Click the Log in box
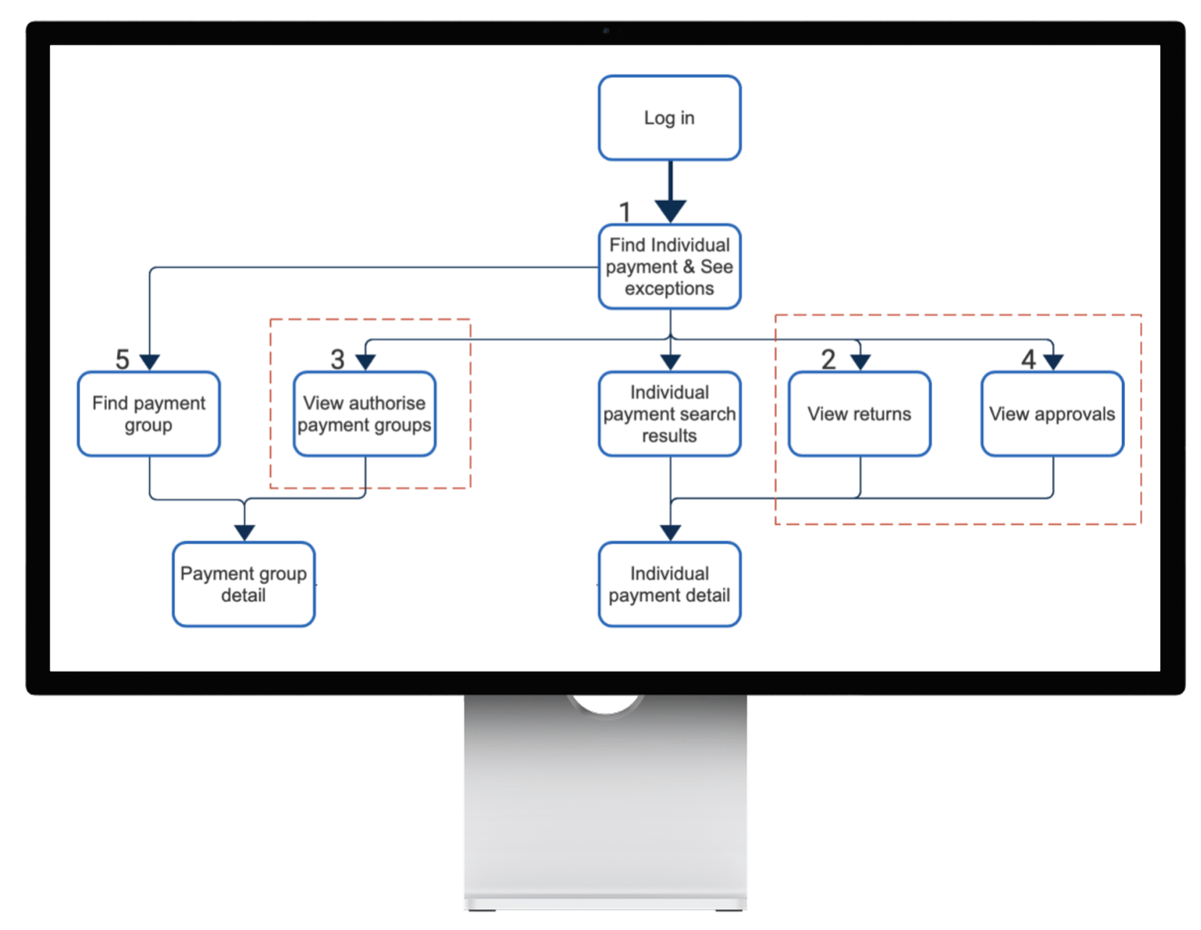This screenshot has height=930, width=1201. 669,118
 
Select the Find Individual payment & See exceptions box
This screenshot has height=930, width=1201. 669,267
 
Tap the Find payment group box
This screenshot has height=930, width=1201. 149,414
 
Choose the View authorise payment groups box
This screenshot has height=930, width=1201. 364,414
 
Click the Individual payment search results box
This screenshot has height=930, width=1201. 669,414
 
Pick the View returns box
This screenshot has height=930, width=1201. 859,414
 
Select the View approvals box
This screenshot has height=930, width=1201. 1052,414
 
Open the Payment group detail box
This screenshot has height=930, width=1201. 243,585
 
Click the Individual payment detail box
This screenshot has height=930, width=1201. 669,585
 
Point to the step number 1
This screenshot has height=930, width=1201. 625,212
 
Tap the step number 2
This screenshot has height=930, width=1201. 828,360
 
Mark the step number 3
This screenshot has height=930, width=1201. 337,360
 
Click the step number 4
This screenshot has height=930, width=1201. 1028,360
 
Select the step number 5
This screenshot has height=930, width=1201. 122,360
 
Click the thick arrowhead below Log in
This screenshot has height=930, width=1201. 670,210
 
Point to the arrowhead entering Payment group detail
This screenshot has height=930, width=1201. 245,532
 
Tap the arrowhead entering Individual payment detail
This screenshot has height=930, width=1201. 670,532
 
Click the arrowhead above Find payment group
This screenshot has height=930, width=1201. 150,362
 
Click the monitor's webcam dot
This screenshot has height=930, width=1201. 606,30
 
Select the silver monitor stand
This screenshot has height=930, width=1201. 605,806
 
